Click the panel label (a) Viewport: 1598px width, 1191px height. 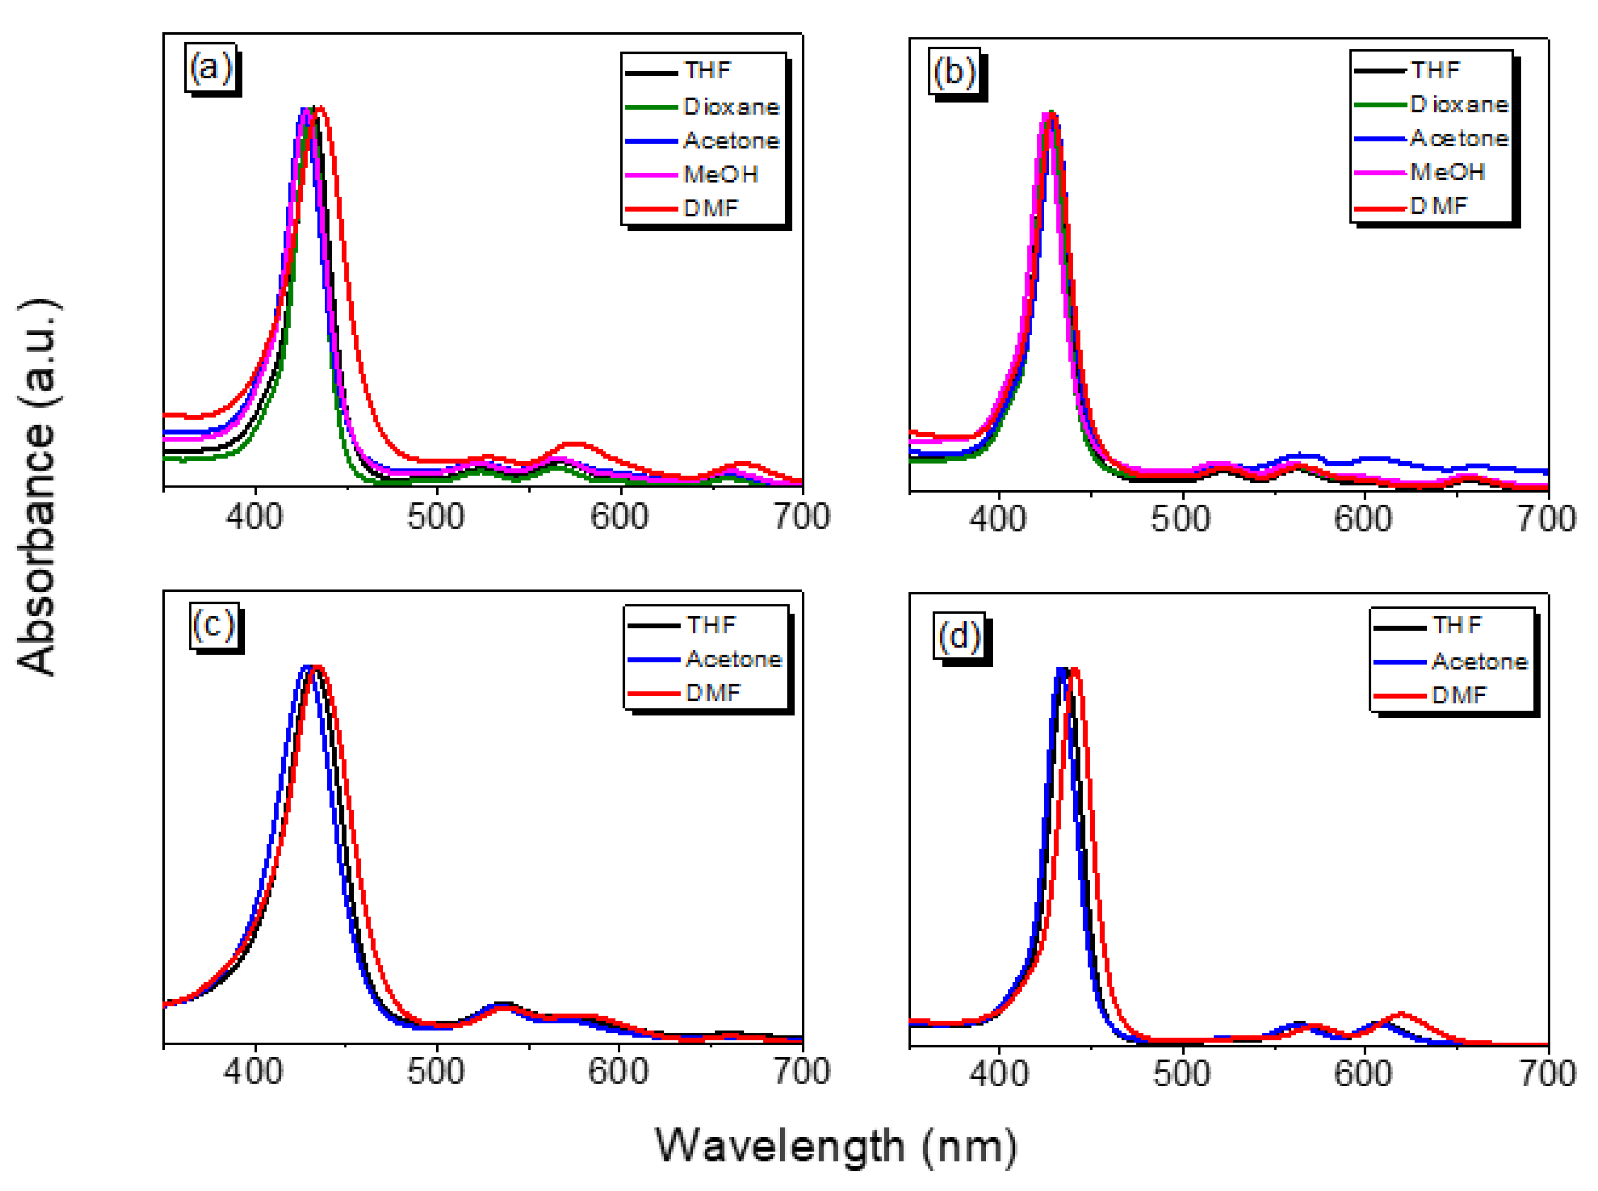211,68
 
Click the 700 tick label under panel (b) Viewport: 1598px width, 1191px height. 1546,520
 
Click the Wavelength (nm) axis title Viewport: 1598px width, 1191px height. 836,1146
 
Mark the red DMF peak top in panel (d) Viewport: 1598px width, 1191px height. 1075,671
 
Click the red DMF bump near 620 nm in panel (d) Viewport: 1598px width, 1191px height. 1402,1014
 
